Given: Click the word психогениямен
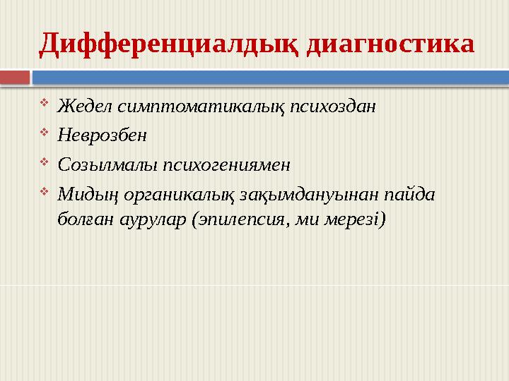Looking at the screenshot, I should tap(227, 165).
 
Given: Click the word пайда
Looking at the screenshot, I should tap(410, 193).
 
